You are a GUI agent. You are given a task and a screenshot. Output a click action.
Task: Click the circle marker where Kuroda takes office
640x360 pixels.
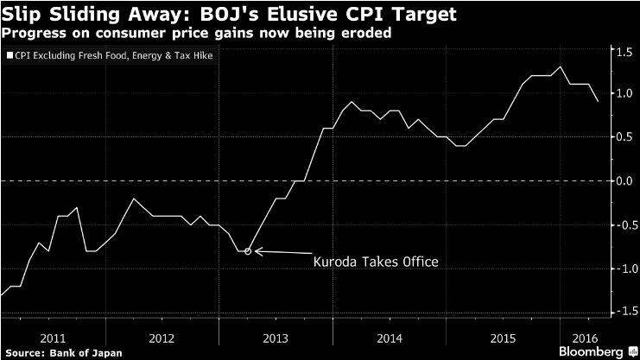coord(248,251)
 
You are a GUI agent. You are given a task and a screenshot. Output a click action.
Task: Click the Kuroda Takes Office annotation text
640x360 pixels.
coord(376,260)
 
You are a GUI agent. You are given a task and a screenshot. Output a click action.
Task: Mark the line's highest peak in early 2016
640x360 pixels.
coord(561,66)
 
